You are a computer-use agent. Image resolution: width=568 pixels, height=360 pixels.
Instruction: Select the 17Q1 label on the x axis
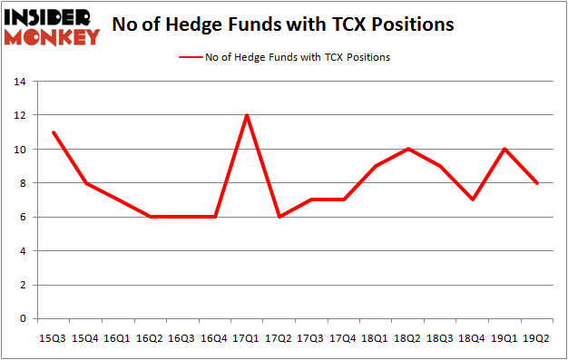pos(247,338)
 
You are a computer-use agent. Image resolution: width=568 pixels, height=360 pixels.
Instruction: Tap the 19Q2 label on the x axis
pos(536,338)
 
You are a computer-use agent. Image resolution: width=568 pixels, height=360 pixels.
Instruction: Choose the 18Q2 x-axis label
pos(407,338)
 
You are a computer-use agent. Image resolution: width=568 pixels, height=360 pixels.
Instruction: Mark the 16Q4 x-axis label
pos(214,338)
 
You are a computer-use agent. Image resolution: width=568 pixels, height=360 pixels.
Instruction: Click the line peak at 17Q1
pos(247,115)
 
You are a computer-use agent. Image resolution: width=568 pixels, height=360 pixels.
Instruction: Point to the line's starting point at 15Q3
pos(54,132)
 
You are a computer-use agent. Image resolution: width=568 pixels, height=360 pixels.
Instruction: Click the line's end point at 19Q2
pos(536,183)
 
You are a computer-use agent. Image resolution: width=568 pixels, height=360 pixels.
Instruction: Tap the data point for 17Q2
pos(279,217)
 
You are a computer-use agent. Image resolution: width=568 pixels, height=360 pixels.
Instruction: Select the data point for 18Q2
pos(407,149)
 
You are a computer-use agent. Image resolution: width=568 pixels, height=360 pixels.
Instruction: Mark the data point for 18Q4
pos(472,199)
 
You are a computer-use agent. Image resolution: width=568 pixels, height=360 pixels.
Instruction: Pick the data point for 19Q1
pos(504,149)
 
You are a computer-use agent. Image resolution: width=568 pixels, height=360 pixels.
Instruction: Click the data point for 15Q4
pos(86,183)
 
